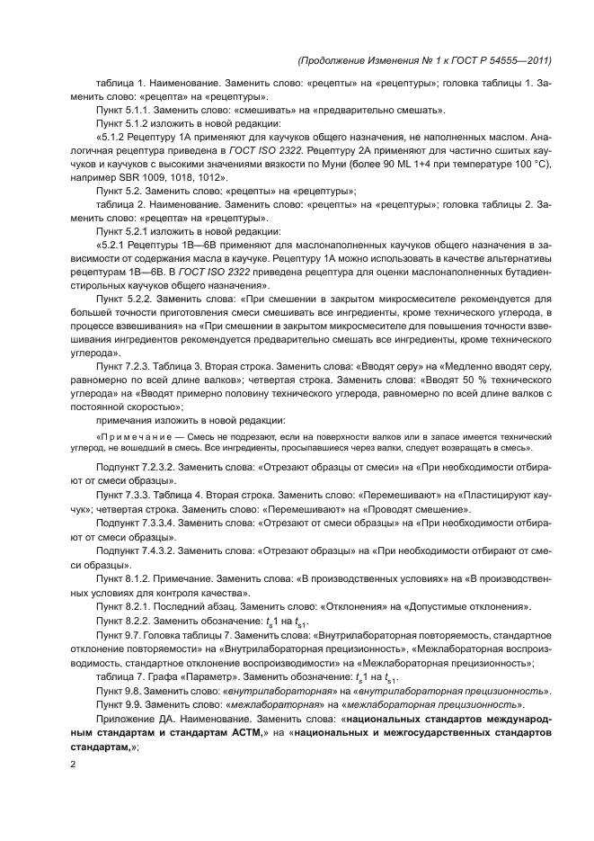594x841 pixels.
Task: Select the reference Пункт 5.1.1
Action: (x=127, y=110)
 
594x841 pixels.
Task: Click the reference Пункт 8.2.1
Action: (x=127, y=607)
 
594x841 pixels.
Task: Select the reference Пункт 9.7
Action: (x=121, y=636)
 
